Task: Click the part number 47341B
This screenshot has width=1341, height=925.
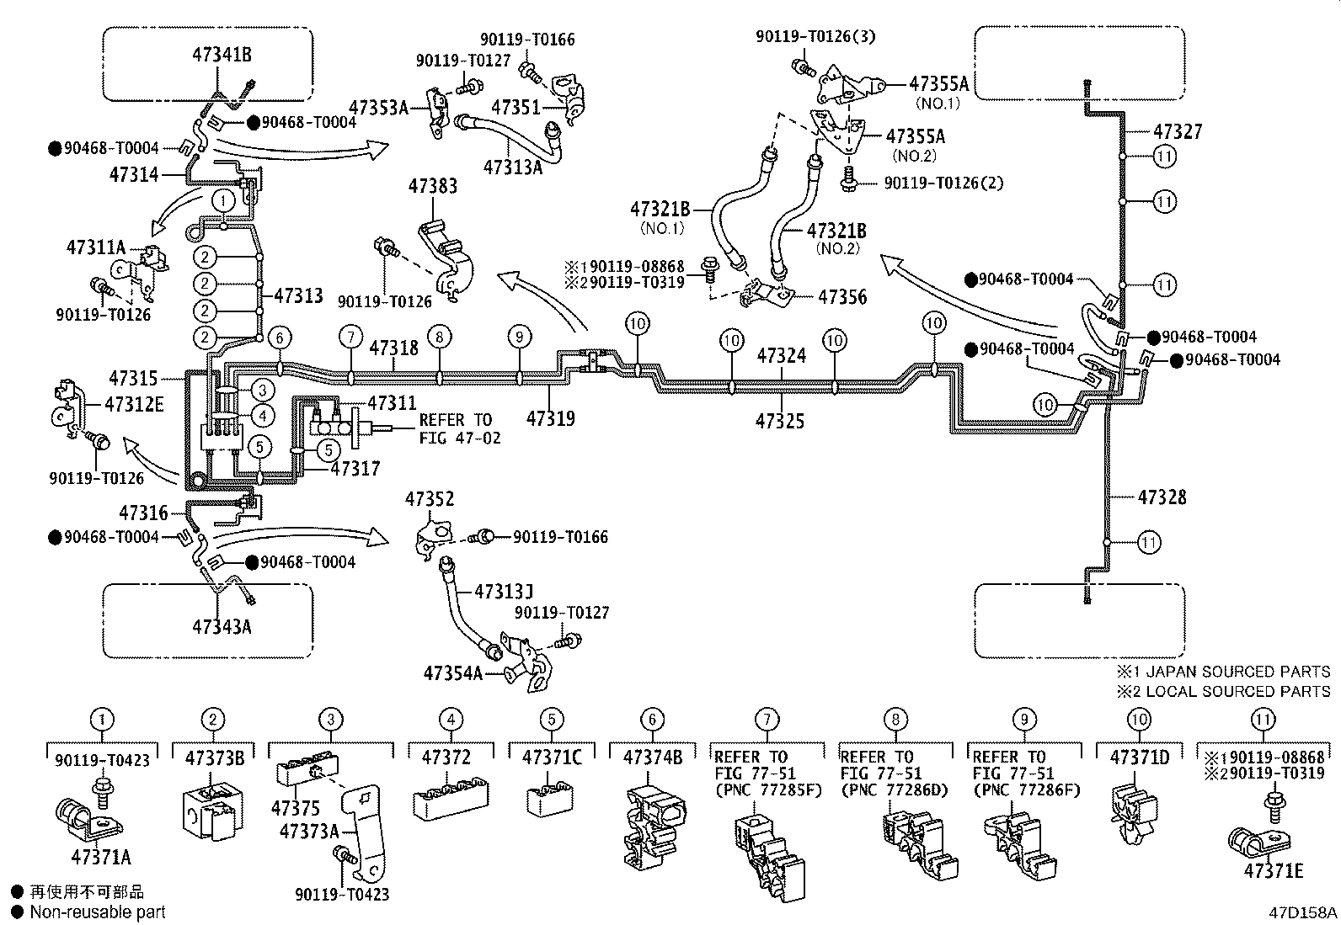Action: tap(222, 55)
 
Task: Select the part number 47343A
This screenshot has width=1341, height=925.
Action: tap(222, 626)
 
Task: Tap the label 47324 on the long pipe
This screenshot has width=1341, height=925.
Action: tap(781, 355)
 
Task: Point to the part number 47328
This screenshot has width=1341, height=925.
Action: tap(1162, 497)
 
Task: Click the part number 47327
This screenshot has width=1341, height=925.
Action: tap(1177, 131)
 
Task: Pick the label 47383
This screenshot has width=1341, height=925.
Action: tap(433, 186)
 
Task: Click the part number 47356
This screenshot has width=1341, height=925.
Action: tap(842, 297)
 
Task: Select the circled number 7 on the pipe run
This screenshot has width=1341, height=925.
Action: tap(350, 337)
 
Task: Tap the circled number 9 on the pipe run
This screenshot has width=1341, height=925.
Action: tap(519, 337)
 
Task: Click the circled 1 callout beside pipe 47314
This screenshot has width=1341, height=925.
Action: tap(223, 200)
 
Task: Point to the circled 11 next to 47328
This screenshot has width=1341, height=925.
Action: tap(1148, 542)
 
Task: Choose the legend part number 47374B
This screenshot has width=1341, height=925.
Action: tap(653, 758)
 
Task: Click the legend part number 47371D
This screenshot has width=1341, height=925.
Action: tap(1139, 758)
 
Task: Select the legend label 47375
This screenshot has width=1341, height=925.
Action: tap(296, 808)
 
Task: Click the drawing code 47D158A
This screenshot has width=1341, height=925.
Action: tap(1303, 912)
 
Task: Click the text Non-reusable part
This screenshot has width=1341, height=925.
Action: tap(98, 912)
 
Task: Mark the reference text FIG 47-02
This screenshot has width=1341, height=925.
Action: tap(460, 438)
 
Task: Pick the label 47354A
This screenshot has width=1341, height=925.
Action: tap(452, 673)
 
